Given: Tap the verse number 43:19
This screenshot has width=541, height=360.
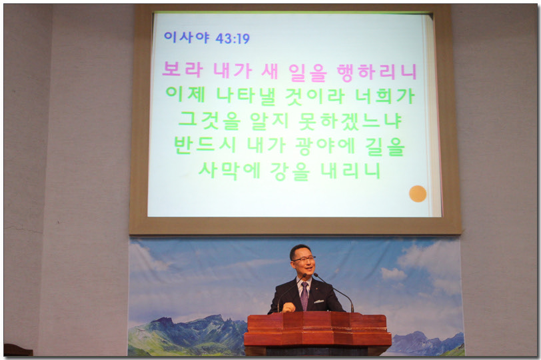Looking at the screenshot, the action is [x=233, y=38].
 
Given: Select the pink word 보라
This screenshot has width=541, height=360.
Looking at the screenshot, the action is [x=183, y=69].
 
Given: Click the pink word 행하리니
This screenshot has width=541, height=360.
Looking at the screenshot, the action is [x=377, y=73].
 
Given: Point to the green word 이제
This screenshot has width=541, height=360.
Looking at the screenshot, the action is [x=186, y=94].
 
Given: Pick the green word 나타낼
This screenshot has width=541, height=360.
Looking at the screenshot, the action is [x=246, y=95].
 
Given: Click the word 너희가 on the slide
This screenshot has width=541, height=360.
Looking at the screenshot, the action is [x=385, y=96].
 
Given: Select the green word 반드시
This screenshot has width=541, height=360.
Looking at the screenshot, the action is [x=205, y=145].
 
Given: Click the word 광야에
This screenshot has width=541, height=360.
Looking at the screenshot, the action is [x=325, y=146].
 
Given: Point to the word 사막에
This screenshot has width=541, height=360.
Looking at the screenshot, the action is [x=229, y=171].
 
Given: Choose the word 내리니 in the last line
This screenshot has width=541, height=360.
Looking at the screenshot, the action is [x=350, y=171].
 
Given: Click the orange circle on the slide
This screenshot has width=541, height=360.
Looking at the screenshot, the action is [x=418, y=193].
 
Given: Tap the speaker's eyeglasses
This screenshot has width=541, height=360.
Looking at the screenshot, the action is [x=303, y=259].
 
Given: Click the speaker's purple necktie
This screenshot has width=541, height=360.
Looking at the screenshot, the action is [x=304, y=296].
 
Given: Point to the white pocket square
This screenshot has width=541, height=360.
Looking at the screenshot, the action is [x=318, y=301].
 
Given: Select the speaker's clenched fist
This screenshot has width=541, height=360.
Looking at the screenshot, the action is [x=288, y=307].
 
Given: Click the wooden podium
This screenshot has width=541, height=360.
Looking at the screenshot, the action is [x=318, y=333].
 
